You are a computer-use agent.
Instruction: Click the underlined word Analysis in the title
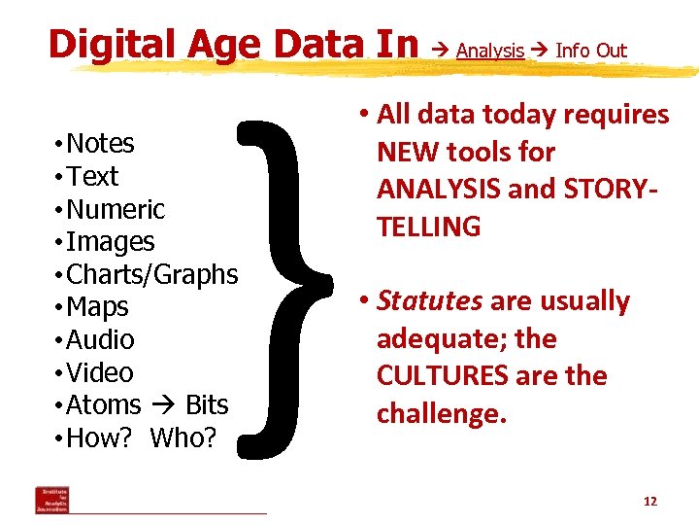[x=490, y=51]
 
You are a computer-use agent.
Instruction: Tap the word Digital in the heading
[x=107, y=45]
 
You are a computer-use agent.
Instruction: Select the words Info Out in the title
[x=591, y=51]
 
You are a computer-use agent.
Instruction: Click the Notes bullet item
[x=100, y=144]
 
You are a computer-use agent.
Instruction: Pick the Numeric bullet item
[x=115, y=209]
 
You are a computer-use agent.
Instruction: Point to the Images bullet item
[x=110, y=242]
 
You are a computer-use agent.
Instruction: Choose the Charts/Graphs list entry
[x=150, y=275]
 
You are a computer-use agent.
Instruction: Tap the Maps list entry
[x=97, y=307]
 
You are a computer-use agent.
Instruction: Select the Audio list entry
[x=100, y=340]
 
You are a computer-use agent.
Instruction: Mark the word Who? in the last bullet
[x=183, y=437]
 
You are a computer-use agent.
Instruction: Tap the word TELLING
[x=428, y=227]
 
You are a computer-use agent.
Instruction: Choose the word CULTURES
[x=443, y=376]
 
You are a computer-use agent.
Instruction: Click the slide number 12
[x=649, y=502]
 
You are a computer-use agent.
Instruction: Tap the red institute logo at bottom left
[x=51, y=499]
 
